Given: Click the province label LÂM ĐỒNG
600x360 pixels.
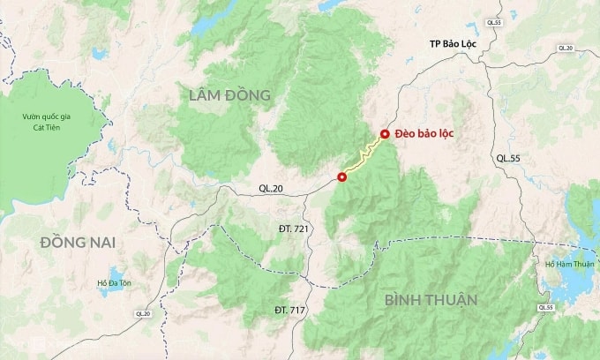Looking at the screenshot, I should [229, 94].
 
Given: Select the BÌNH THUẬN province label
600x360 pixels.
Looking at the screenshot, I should [431, 300].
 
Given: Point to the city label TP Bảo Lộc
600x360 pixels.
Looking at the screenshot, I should [455, 43].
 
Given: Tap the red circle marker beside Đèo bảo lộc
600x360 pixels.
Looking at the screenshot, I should [384, 134].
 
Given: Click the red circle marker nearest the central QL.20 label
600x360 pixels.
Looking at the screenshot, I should [342, 177].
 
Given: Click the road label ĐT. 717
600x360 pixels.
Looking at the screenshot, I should [291, 311].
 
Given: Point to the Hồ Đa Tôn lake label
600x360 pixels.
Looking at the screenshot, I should [113, 283].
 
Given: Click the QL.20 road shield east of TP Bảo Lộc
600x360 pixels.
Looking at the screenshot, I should [564, 47].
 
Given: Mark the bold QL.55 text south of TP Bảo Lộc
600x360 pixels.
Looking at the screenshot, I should [509, 158].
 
